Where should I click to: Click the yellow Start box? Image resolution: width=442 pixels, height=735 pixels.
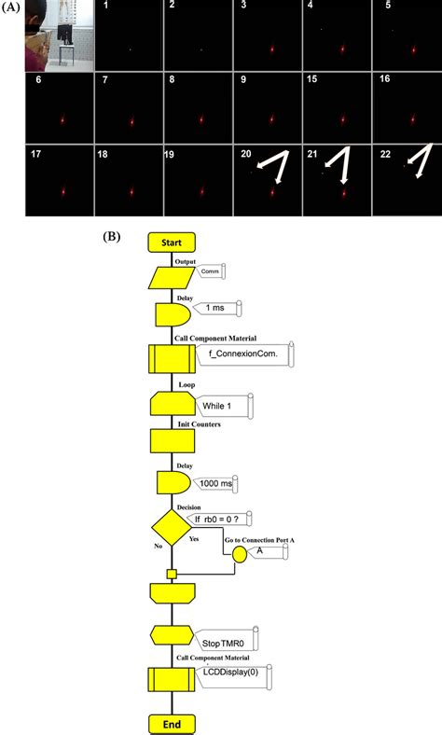coord(171,242)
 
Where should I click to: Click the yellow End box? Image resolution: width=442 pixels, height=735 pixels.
coord(171,723)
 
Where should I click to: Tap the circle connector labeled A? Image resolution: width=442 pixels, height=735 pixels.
coord(240,553)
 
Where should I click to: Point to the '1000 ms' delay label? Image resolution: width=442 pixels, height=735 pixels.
coord(217,483)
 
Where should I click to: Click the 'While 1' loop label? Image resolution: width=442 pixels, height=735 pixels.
coord(221,406)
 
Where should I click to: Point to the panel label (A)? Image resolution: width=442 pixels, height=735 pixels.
coord(11,8)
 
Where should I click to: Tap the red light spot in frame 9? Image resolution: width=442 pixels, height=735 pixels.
coord(271,120)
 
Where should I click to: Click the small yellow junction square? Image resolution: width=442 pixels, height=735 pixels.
coord(171,574)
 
